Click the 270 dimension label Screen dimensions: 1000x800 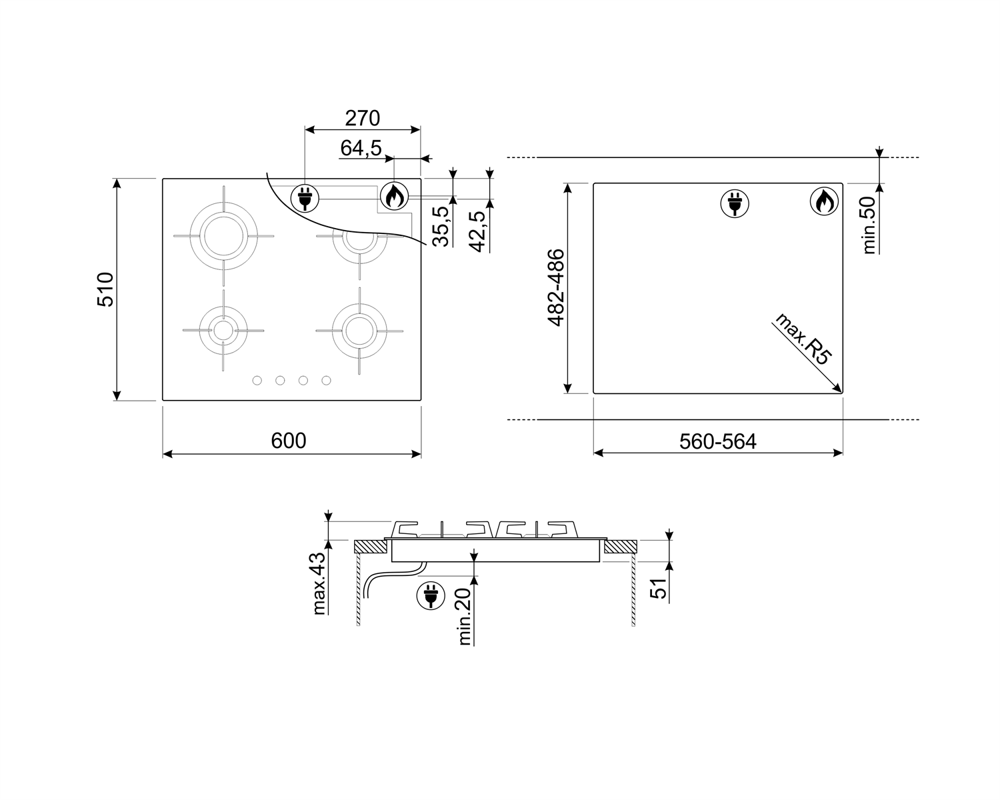(x=362, y=118)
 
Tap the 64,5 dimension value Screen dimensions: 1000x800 (x=361, y=148)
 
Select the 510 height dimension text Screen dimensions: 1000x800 (x=105, y=289)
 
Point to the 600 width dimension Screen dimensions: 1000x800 (x=289, y=441)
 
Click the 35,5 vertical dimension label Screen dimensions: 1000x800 (x=441, y=226)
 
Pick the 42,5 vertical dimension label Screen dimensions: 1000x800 (x=477, y=231)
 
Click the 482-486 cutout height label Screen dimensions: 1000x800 (x=556, y=288)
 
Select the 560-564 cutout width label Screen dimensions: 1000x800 (x=717, y=441)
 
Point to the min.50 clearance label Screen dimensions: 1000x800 (x=868, y=225)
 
